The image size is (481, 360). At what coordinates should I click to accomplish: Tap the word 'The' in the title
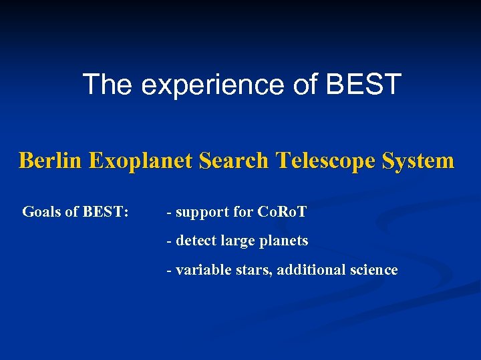[107, 85]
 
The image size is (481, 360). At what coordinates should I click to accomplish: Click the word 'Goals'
[41, 212]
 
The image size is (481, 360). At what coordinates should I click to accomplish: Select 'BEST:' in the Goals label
[106, 212]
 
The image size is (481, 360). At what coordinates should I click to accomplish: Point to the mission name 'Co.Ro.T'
[282, 212]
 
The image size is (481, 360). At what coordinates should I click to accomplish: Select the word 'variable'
[200, 270]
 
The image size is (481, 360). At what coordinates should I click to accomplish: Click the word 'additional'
[311, 270]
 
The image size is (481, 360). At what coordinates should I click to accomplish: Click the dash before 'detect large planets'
[169, 241]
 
